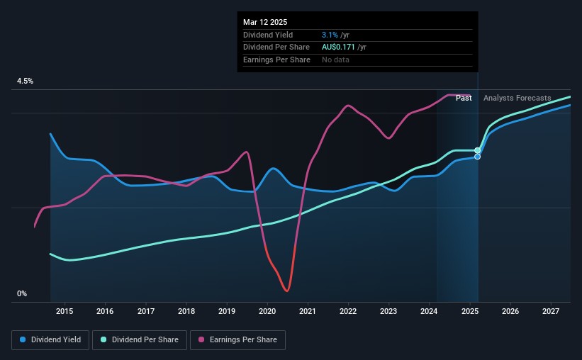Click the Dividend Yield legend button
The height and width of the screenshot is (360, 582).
coord(50,340)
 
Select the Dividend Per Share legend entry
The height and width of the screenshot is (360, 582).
coord(140,340)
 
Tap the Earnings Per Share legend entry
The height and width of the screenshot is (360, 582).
coord(237,340)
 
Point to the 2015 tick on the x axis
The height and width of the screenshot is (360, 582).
coord(65,311)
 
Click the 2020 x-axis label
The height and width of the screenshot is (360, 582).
coord(267,311)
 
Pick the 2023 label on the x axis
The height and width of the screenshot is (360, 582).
coord(388,311)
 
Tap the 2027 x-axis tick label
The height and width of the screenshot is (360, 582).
coord(551,311)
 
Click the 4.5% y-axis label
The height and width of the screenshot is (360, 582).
coord(25,81)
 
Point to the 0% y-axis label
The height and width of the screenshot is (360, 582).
coord(22,293)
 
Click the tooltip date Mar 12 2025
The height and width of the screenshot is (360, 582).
coord(265,22)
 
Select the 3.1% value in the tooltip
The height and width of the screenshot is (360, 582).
coord(330,35)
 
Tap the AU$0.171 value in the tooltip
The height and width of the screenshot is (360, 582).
coord(338,47)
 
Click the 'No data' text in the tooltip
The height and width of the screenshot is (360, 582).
coord(335,60)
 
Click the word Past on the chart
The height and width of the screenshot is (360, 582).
coord(464,98)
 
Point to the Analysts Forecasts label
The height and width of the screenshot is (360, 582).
coord(517,98)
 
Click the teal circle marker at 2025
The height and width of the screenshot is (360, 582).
coord(478,150)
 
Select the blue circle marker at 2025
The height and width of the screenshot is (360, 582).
coord(478,157)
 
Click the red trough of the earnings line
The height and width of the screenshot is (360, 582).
coord(287,291)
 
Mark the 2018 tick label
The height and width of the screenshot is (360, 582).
coord(186,311)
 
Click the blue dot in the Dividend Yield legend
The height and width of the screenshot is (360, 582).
coord(23,339)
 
